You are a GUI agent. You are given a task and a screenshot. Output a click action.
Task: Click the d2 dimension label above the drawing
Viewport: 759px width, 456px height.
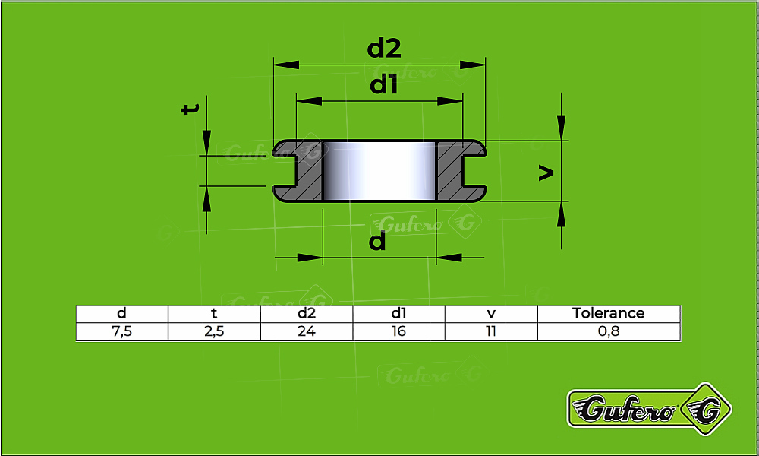click(x=384, y=49)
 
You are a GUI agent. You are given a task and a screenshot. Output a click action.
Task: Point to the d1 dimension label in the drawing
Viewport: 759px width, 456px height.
click(x=384, y=85)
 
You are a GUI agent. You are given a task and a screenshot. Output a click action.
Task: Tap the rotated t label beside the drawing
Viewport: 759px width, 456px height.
click(x=190, y=109)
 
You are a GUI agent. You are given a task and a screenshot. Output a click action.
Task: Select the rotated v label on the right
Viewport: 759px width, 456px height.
click(x=546, y=173)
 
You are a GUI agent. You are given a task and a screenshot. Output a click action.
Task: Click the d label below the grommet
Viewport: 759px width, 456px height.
click(x=377, y=240)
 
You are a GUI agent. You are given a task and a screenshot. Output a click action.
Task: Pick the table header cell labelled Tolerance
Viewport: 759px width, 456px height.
click(x=609, y=313)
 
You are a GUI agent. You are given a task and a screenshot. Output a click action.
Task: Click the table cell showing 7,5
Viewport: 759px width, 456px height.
click(x=122, y=331)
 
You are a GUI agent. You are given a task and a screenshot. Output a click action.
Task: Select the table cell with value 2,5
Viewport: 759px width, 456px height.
click(x=214, y=331)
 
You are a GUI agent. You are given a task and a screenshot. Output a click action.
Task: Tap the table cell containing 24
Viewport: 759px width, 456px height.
click(x=307, y=331)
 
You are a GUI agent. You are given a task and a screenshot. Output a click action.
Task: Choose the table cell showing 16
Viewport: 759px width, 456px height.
click(x=399, y=331)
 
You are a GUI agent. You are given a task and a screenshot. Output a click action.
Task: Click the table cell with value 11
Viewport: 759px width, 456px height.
click(x=491, y=331)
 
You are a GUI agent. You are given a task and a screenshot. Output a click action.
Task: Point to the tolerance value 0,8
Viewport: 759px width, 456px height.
click(x=609, y=331)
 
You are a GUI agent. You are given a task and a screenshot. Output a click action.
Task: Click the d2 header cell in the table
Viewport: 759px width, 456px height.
click(x=307, y=313)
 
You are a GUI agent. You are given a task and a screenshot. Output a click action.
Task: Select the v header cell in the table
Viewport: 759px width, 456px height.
click(x=491, y=313)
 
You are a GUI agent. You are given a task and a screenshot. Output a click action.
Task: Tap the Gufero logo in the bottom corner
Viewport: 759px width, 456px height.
click(x=649, y=409)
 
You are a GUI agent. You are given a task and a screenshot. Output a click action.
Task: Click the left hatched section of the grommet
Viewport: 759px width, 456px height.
click(x=298, y=171)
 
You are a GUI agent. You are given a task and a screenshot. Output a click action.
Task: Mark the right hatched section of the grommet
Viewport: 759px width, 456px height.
click(x=461, y=171)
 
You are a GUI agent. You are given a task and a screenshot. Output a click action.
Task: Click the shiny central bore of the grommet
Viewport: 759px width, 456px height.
click(x=379, y=171)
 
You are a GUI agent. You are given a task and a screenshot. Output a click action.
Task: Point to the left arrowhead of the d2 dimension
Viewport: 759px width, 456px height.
click(x=286, y=65)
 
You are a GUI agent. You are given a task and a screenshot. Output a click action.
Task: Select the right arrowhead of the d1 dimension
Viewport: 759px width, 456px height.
click(x=449, y=101)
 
